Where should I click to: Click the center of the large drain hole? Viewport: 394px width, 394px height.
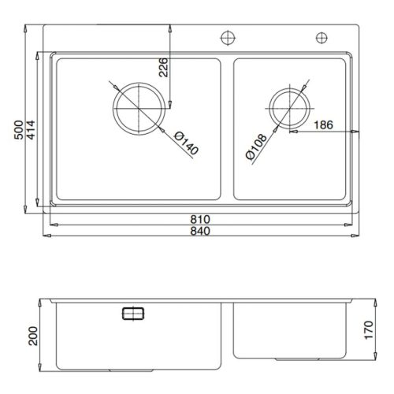[140, 106]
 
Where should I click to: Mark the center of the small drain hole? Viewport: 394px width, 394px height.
[287, 106]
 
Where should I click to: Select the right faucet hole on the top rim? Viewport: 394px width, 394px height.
[322, 37]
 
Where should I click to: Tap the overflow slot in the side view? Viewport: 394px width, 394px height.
[132, 314]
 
